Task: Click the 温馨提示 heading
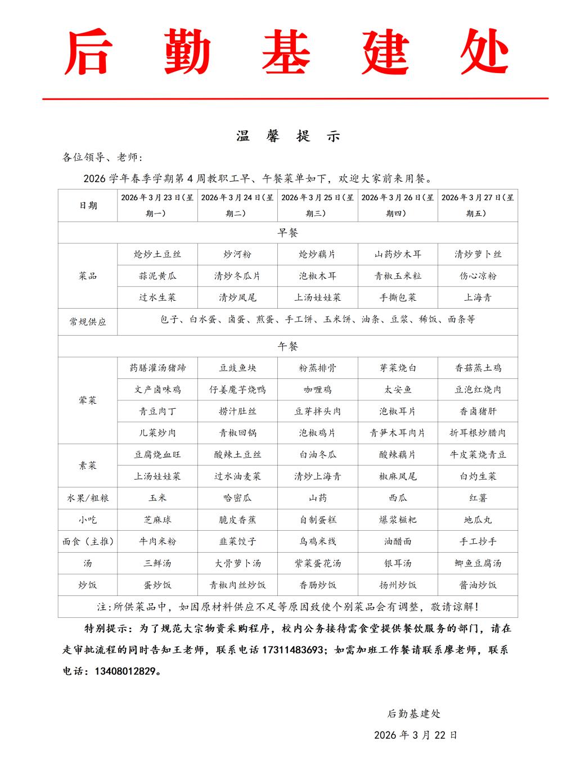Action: coord(288,136)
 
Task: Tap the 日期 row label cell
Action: coord(88,205)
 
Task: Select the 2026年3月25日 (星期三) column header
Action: coord(317,205)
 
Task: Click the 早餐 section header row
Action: coord(288,232)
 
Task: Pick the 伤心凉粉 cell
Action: coord(478,276)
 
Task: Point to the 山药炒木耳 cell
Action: coord(398,254)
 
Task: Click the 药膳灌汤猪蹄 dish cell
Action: coord(157,368)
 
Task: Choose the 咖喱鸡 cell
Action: coord(317,390)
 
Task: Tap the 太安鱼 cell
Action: coord(398,390)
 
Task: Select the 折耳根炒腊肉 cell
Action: coord(478,433)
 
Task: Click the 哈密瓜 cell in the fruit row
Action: coord(237,498)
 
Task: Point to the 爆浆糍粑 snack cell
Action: coord(398,520)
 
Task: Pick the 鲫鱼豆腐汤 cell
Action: coord(478,563)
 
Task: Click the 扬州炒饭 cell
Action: coord(398,585)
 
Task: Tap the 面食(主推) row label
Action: coord(88,542)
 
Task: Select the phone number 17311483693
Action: coord(291,650)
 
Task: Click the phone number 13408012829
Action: coord(127,671)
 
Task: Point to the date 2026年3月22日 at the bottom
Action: coord(416,735)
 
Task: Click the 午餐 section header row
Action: coord(288,346)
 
